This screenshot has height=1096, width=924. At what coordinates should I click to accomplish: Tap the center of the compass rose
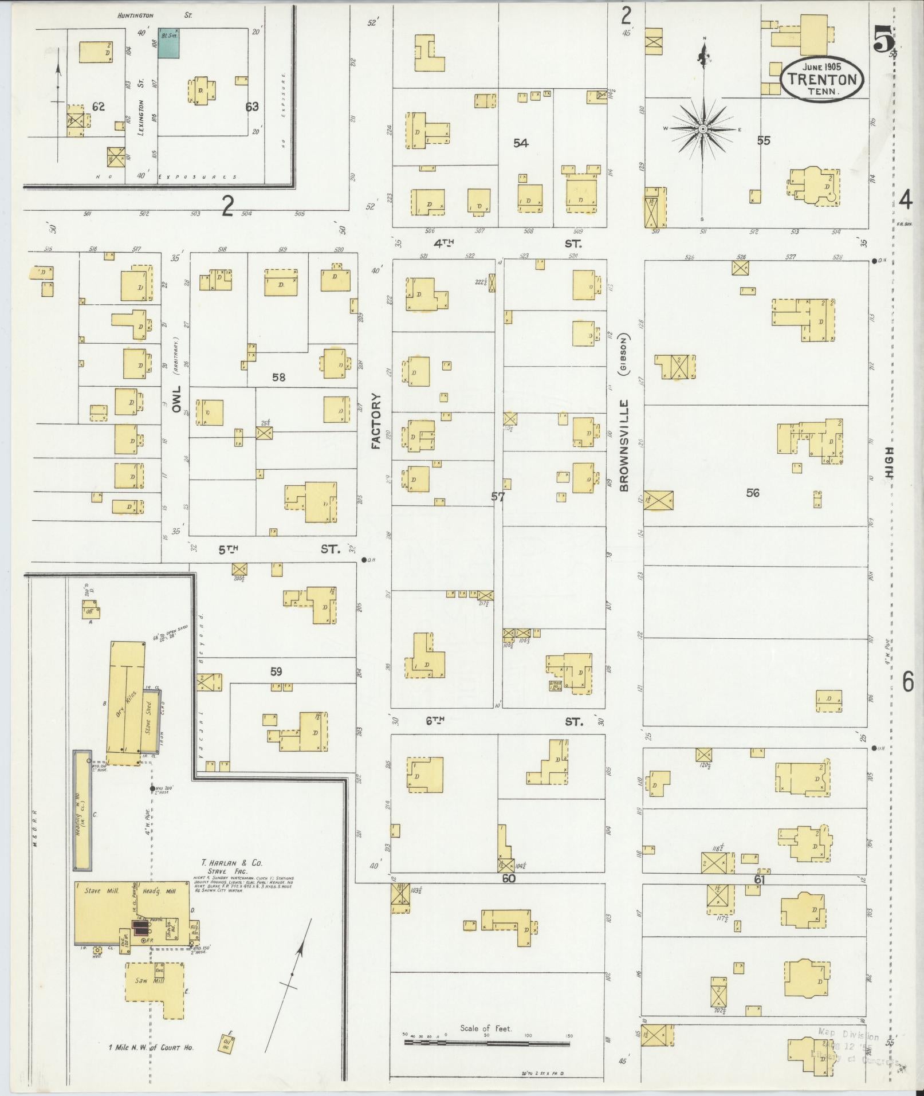coord(702,129)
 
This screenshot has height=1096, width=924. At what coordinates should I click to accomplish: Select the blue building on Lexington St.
coord(169,43)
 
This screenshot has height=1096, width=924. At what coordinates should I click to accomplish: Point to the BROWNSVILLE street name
coord(624,445)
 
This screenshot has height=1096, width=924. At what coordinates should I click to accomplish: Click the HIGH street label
coord(890,463)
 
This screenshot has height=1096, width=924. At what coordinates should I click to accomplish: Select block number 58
coord(278,378)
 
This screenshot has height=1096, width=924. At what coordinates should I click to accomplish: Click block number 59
coord(276,671)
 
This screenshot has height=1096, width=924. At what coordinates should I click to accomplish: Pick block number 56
coord(752,492)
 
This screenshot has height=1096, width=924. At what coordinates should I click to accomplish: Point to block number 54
coord(520,143)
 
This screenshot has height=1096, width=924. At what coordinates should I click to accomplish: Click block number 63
coord(251,107)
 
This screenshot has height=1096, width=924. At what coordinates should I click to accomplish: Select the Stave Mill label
coord(101,906)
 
